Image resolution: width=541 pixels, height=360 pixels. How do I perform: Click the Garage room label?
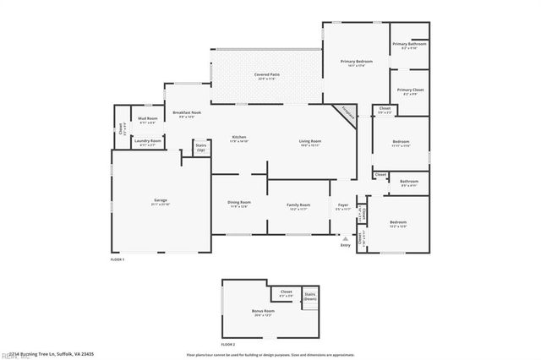pyautogui.click(x=160, y=203)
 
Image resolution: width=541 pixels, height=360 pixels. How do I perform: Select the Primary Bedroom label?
pyautogui.click(x=357, y=63)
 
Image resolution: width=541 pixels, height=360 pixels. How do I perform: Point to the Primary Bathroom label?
pyautogui.click(x=410, y=46)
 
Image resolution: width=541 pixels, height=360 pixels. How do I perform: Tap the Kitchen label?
pyautogui.click(x=239, y=139)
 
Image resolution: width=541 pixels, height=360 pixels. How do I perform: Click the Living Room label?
pyautogui.click(x=310, y=142)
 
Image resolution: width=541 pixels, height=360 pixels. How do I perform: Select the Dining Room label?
pyautogui.click(x=239, y=204)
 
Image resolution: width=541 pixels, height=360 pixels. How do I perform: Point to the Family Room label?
pyautogui.click(x=298, y=206)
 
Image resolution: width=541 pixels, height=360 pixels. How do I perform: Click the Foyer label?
pyautogui.click(x=343, y=206)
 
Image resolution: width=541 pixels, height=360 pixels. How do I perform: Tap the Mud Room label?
pyautogui.click(x=147, y=120)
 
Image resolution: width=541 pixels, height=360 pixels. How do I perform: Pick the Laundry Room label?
pyautogui.click(x=149, y=141)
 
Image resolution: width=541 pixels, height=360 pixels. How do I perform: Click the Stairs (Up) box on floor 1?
pyautogui.click(x=201, y=147)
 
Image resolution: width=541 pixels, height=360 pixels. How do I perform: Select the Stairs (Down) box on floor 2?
pyautogui.click(x=310, y=297)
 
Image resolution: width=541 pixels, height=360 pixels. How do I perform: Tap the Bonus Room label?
pyautogui.click(x=263, y=312)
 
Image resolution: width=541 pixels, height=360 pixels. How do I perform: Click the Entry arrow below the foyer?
pyautogui.click(x=345, y=239)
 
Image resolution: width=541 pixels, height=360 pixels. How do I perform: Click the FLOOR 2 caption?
pyautogui.click(x=227, y=345)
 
